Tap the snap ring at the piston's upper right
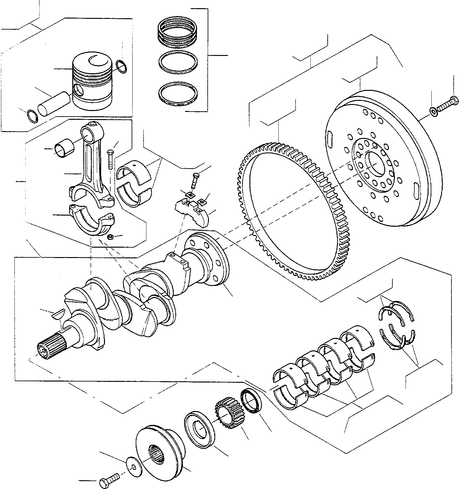(x=121, y=66)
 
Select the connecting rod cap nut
(x=110, y=236)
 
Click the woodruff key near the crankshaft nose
(x=58, y=315)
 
